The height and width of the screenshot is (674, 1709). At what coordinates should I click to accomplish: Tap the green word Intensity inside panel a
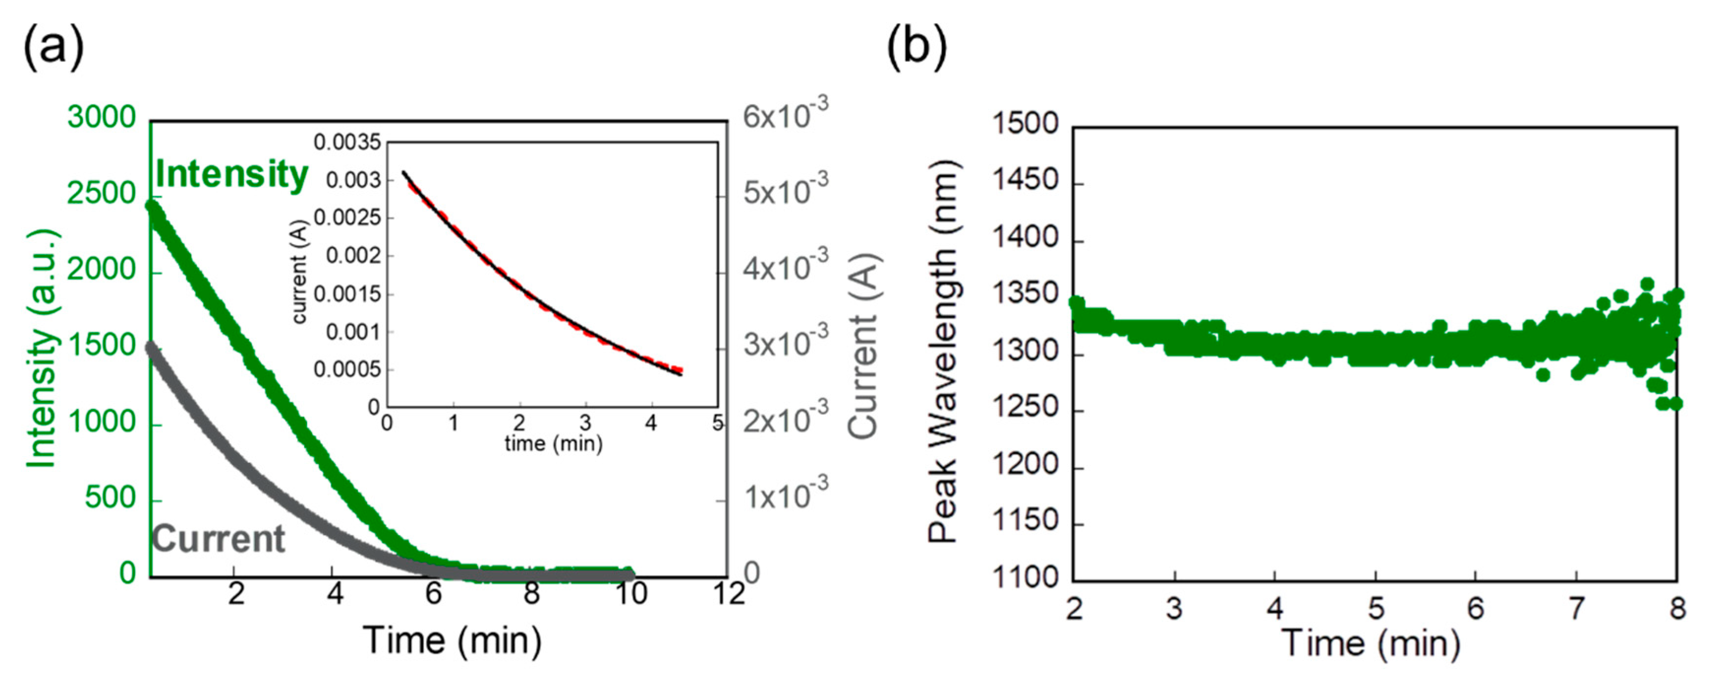[231, 174]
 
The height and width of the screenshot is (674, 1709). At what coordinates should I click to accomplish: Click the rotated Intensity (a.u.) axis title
[41, 349]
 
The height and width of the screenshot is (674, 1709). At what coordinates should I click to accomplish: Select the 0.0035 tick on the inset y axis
[347, 142]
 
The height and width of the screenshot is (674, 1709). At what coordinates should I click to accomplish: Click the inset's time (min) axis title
[553, 443]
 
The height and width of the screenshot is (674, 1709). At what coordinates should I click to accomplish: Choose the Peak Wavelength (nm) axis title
[943, 352]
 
